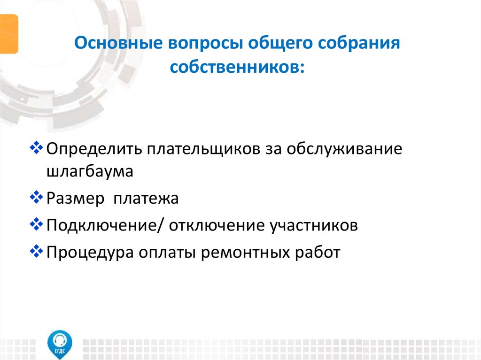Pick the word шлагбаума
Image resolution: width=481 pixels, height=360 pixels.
pyautogui.click(x=90, y=171)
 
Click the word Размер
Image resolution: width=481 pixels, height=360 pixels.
pyautogui.click(x=75, y=199)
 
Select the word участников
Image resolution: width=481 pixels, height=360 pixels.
pyautogui.click(x=313, y=226)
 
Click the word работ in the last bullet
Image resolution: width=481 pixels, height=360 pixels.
pyautogui.click(x=318, y=253)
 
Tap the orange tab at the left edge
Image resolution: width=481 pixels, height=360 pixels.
pyautogui.click(x=9, y=33)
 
